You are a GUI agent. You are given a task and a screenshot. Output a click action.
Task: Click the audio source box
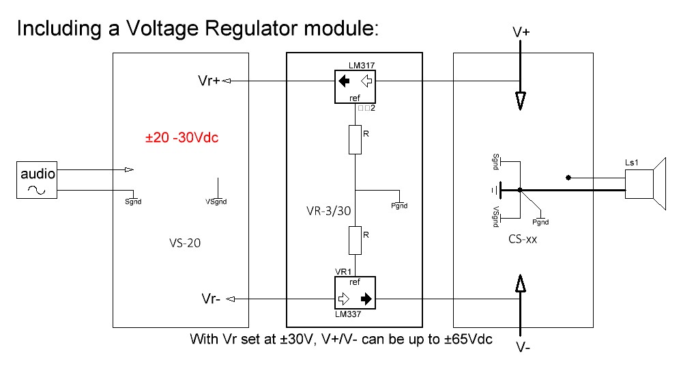click(38, 180)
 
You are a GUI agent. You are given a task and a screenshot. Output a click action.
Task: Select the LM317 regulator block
click(355, 87)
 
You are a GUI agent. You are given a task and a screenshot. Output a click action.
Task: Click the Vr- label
click(211, 299)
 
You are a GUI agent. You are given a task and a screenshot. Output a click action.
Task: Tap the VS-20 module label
click(184, 242)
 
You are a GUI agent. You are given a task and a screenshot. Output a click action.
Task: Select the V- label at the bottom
click(523, 348)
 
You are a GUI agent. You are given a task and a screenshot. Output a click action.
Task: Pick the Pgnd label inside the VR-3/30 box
click(399, 206)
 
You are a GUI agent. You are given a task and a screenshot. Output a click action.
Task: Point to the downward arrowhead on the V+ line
click(520, 101)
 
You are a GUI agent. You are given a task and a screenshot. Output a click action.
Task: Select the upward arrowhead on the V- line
click(520, 283)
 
